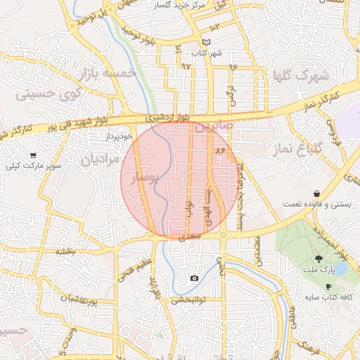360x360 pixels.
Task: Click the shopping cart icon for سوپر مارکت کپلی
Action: tap(33, 155)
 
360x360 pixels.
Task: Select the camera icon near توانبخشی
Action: tap(194, 278)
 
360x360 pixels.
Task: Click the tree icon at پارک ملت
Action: tap(319, 259)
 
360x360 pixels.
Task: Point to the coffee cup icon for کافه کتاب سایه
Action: tap(328, 286)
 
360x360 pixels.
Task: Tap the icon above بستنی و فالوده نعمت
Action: tap(317, 193)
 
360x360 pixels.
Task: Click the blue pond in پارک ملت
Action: tap(340, 269)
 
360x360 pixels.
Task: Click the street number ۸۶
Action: tap(220, 150)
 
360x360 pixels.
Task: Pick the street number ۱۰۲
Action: tap(214, 27)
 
